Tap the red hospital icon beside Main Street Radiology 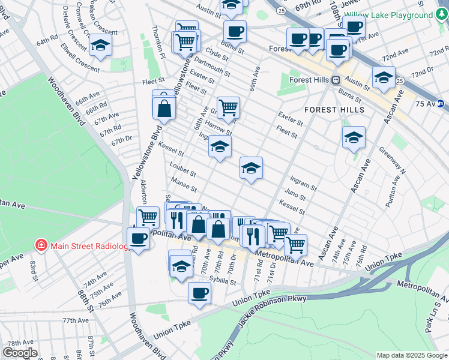click(x=41, y=246)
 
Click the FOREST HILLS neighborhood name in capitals click(x=334, y=110)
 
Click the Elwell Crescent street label click(x=79, y=65)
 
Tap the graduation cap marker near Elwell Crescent click(x=100, y=45)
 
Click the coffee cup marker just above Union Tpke click(x=199, y=293)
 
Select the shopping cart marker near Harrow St click(x=228, y=109)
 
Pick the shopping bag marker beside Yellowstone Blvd click(x=163, y=109)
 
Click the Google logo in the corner click(x=20, y=353)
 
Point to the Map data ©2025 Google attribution click(x=411, y=355)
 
